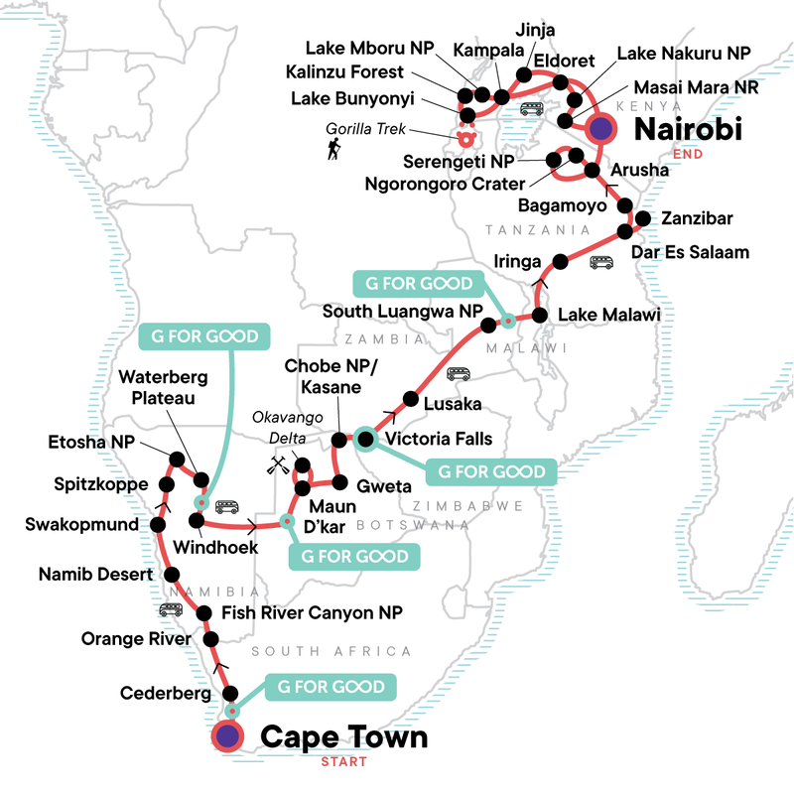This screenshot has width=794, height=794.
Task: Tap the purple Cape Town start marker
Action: pyautogui.click(x=229, y=736)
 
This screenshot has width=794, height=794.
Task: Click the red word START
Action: pyautogui.click(x=343, y=762)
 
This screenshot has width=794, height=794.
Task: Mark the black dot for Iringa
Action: pyautogui.click(x=560, y=261)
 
